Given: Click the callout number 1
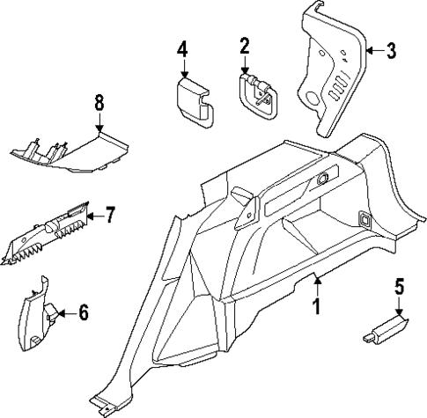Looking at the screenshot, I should (314, 307).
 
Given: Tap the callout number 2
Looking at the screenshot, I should (245, 46).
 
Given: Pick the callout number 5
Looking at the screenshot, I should (399, 286).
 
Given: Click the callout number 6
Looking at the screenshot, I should (84, 311).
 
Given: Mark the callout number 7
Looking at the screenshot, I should (110, 213).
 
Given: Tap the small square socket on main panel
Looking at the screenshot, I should (362, 217).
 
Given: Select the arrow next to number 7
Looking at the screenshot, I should (95, 213).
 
